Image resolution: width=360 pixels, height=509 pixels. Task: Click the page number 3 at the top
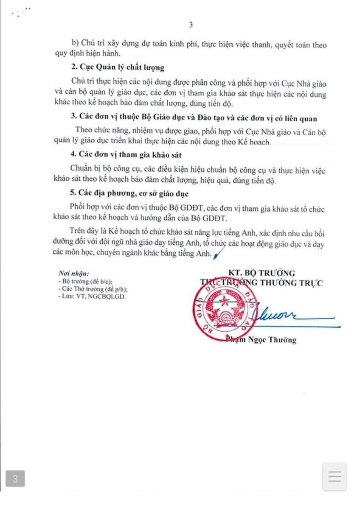[x=191, y=25]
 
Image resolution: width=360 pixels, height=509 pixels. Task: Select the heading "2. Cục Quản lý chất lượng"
[x=118, y=68]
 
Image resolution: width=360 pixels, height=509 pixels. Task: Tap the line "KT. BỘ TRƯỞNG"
[x=261, y=273]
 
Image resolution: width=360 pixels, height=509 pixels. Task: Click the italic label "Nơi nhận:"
[x=73, y=274]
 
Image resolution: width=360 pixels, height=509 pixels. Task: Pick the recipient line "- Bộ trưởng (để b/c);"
[x=84, y=282]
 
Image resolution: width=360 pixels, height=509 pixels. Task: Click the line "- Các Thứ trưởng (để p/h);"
[x=92, y=289]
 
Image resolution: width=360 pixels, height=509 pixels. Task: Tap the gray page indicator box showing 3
[x=15, y=479]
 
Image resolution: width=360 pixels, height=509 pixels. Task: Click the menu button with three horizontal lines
[x=335, y=477]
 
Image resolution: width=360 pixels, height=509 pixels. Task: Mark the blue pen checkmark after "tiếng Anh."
[x=219, y=254]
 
